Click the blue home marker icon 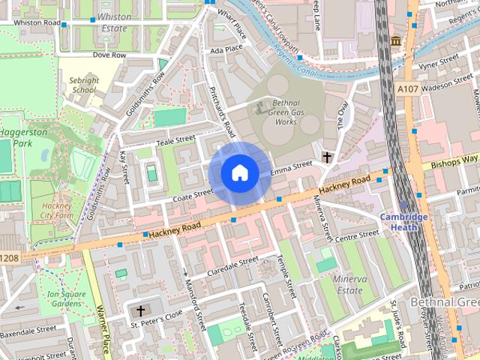pos(239,172)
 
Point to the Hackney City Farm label pos(56,210)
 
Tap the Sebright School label pos(84,85)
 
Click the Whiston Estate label pos(114,22)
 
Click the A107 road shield pos(408,89)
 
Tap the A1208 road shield pos(8,258)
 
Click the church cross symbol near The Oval pos(327,157)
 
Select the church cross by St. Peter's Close pos(139,310)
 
